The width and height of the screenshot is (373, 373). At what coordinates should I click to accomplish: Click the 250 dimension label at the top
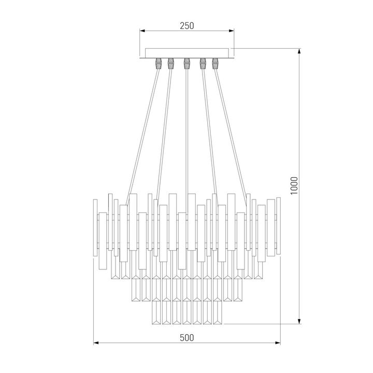187,26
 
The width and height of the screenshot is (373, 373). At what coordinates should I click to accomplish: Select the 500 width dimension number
187,337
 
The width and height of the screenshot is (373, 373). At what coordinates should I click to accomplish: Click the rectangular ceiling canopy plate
187,52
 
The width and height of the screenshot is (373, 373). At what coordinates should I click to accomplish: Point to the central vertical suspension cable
186,130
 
